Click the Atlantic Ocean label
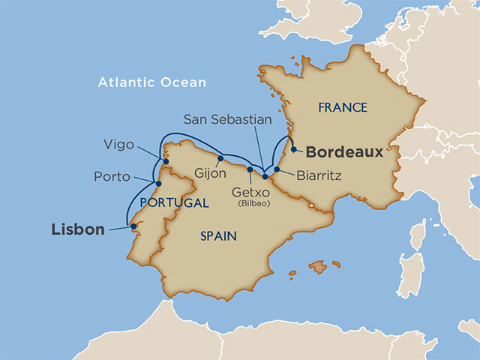(151, 82)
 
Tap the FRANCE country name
(343, 108)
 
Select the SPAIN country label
(218, 236)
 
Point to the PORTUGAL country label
(174, 203)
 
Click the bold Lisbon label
(78, 229)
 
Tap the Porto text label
(112, 178)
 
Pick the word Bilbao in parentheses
(250, 203)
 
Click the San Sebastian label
(228, 120)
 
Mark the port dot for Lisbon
(133, 226)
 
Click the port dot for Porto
(157, 182)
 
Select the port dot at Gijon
(220, 158)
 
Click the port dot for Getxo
(250, 169)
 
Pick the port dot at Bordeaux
(293, 148)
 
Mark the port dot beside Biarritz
(277, 169)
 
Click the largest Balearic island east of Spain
(319, 267)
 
